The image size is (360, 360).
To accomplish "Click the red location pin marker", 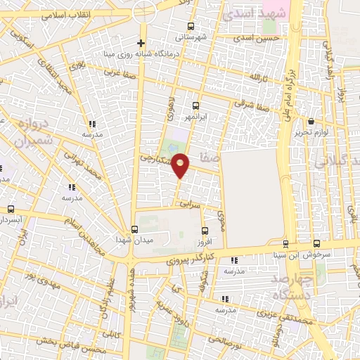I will pos(181,165).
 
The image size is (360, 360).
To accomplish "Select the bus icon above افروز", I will pos(205,231).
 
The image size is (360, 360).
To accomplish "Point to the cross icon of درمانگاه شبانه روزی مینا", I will pos(142,44).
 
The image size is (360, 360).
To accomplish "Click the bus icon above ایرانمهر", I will pos(195,105).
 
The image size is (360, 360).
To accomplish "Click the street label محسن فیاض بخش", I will pos(69,344).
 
